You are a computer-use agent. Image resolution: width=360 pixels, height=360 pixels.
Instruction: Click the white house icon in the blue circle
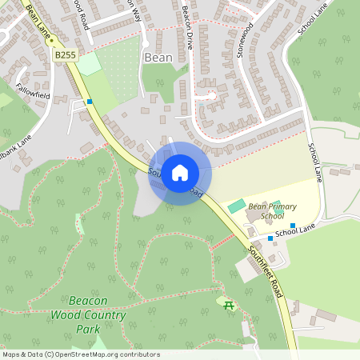click(x=180, y=172)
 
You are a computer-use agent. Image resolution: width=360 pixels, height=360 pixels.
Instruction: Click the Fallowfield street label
click(x=33, y=94)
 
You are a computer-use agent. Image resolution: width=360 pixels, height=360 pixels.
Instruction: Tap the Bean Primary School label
click(x=266, y=210)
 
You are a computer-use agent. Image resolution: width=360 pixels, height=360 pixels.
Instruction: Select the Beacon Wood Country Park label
click(x=98, y=314)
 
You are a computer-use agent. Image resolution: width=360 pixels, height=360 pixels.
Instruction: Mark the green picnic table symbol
click(x=229, y=306)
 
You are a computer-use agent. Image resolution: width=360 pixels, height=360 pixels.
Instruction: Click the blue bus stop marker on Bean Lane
click(x=90, y=102)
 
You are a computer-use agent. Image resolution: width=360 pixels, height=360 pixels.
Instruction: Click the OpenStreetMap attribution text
click(x=81, y=354)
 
